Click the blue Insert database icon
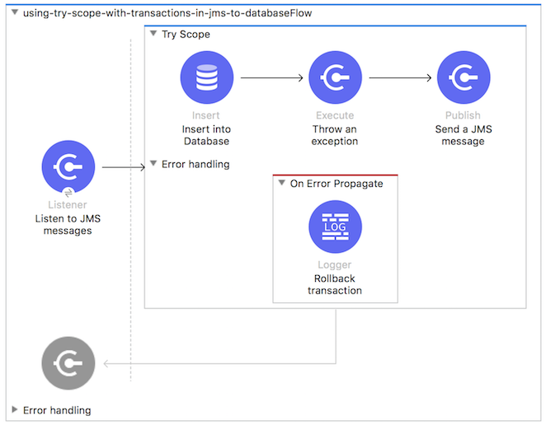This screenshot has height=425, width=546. [206, 77]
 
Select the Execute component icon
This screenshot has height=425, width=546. [335, 77]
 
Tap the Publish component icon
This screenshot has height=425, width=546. [464, 77]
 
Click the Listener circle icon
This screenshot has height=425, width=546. [68, 167]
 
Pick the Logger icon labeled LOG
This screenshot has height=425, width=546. [335, 227]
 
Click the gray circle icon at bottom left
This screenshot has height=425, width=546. [68, 363]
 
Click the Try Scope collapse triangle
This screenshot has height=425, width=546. [153, 35]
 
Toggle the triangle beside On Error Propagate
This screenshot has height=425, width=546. [282, 184]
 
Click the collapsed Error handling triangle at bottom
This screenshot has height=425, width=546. [15, 410]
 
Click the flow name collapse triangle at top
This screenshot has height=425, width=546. [15, 13]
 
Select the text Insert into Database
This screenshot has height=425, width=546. [206, 135]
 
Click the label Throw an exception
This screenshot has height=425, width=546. [335, 135]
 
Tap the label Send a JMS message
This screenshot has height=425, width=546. [464, 135]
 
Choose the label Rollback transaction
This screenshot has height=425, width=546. [335, 284]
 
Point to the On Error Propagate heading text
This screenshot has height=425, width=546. [337, 184]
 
